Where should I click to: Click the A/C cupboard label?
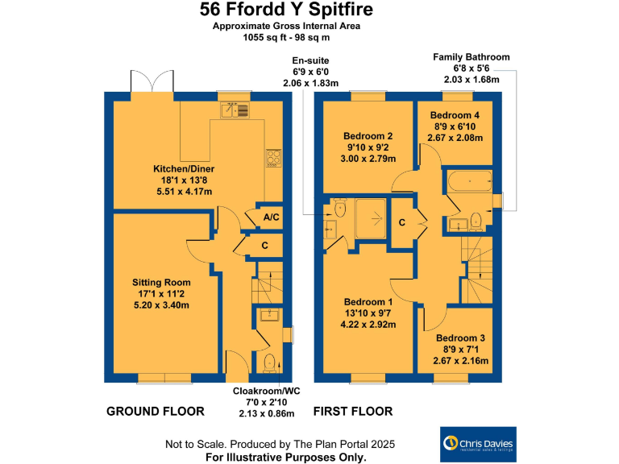click(x=271, y=217)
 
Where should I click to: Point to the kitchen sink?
click(x=235, y=111)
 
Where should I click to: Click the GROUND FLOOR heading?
click(x=156, y=412)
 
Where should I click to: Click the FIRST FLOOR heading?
click(x=353, y=412)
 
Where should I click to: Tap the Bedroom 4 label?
click(x=456, y=126)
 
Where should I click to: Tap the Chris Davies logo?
click(x=476, y=445)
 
